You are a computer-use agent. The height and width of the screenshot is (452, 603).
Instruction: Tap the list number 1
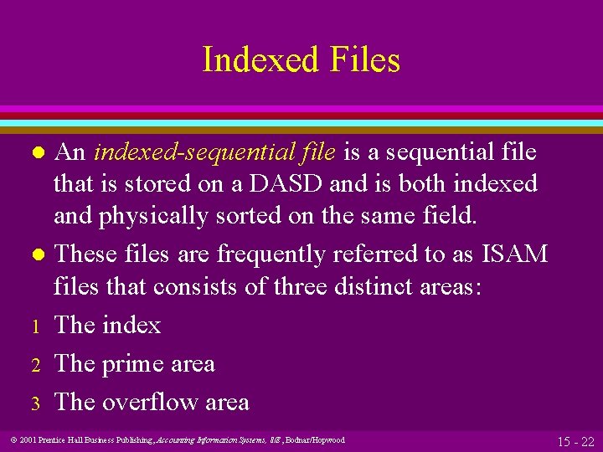point(36,326)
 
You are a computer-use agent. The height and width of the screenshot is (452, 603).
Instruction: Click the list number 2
point(36,364)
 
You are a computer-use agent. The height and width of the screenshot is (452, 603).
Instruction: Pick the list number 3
point(36,403)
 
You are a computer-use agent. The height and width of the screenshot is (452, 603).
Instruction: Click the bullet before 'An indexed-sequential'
point(36,153)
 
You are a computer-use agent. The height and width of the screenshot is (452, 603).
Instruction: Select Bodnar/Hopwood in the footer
point(317,439)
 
